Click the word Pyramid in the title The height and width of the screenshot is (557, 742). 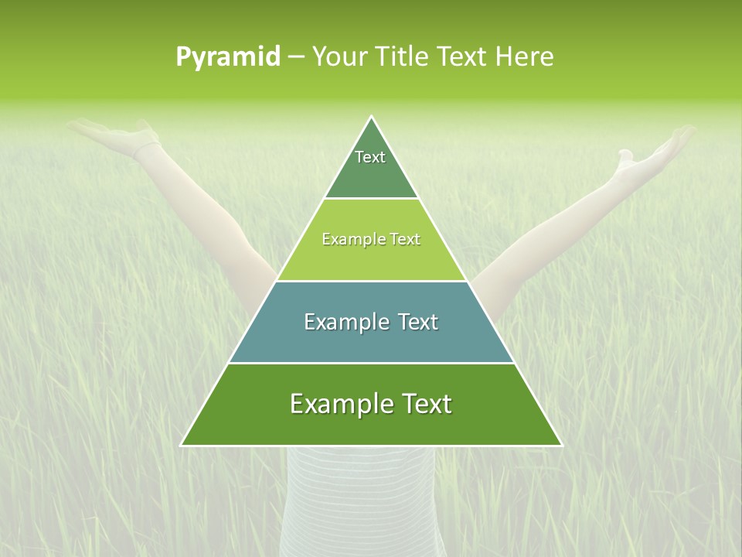coord(228,57)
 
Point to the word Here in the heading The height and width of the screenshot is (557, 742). coord(525,57)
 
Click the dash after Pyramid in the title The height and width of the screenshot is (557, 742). coord(296,57)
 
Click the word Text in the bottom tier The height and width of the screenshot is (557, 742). coord(424,404)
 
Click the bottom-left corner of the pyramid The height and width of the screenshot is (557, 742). coord(182,445)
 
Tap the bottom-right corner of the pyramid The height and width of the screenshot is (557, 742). coord(561,445)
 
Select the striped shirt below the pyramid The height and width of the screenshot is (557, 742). coord(359,495)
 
